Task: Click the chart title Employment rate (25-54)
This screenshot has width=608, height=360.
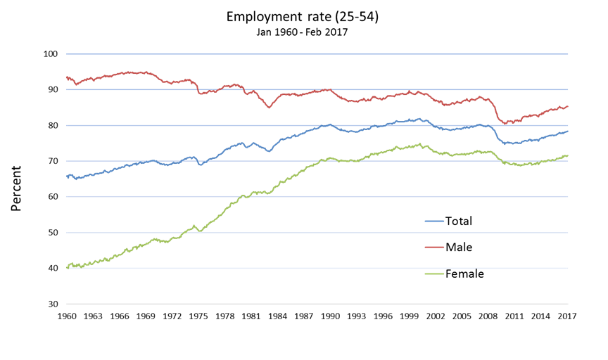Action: pos(302,16)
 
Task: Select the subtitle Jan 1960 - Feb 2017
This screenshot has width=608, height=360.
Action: pos(302,32)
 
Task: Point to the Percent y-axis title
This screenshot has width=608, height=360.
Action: pos(16,188)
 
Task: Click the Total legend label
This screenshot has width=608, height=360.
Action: pos(459,221)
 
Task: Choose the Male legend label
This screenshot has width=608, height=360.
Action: pos(459,247)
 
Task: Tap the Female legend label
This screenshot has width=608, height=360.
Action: pos(464,274)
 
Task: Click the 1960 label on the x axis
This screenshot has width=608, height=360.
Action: pos(67,316)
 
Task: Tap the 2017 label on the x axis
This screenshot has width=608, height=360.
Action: pos(567,316)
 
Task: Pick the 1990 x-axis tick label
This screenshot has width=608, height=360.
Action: pos(330,316)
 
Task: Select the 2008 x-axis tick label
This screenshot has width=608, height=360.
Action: pos(488,316)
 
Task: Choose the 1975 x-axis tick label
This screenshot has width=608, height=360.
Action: pos(198,316)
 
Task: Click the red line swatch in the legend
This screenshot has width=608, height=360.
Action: pos(434,247)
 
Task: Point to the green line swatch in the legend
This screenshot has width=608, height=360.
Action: pos(434,274)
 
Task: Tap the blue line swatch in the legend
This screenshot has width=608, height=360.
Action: pos(434,221)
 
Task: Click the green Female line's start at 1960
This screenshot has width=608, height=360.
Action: pos(68,267)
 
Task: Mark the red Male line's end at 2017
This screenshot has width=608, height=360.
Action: pos(567,106)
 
